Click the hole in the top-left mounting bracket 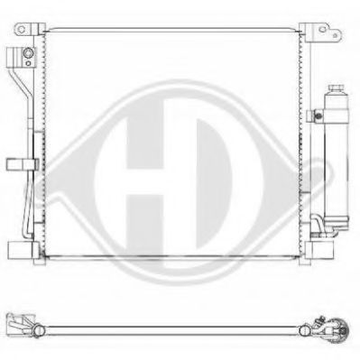(22, 29)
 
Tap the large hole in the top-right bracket (322, 29)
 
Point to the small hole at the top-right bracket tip (336, 35)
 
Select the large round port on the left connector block (28, 53)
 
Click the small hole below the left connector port (28, 63)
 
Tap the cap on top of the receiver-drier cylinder (336, 88)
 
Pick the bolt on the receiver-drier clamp (318, 115)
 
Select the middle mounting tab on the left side (23, 164)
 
